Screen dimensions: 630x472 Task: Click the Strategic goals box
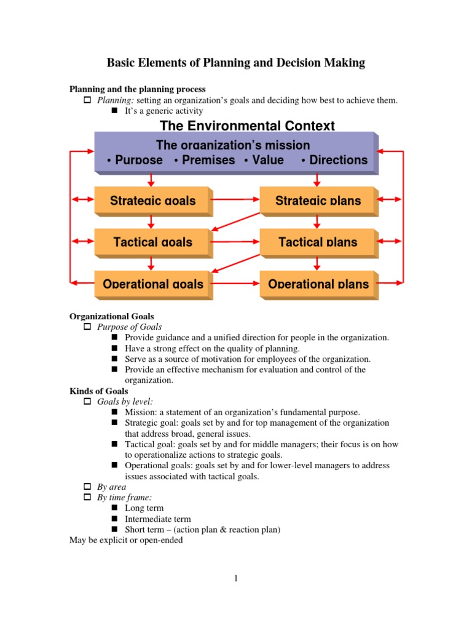152,201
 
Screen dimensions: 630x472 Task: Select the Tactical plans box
318,242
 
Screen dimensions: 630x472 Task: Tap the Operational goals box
152,284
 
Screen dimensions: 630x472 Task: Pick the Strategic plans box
318,201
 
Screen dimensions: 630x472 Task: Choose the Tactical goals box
152,242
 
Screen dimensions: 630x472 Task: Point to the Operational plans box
318,284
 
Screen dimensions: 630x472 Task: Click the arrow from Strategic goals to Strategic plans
236,200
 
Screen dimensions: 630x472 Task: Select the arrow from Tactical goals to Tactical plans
236,242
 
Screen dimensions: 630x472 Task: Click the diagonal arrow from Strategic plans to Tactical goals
236,221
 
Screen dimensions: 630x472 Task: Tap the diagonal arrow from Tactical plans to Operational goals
236,263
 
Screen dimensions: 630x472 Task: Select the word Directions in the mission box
338,160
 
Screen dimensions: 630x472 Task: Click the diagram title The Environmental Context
247,126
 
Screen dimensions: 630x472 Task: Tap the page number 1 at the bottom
236,578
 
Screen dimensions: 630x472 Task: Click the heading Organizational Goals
112,317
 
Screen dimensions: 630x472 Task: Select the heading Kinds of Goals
99,391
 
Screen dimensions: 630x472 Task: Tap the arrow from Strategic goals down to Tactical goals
151,221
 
